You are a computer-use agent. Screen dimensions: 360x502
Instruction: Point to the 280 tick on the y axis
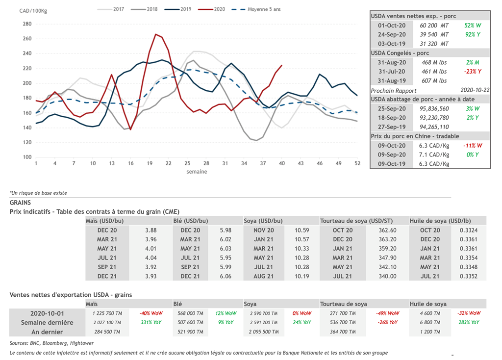pos(27,24)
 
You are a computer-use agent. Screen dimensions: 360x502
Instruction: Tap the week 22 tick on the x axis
pos(168,163)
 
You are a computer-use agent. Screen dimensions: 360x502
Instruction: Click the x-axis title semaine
pos(196,172)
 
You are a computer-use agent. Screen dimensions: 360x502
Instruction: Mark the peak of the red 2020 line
pos(156,34)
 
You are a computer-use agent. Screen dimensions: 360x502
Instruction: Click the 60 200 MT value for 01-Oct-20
pos(434,25)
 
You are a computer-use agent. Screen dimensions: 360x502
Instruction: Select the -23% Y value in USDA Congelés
pos(472,72)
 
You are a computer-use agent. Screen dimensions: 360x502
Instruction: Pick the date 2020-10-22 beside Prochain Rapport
pos(475,90)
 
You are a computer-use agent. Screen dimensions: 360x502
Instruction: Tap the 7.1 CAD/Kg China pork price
pos(434,155)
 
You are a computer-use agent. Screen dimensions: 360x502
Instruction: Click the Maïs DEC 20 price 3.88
pos(151,230)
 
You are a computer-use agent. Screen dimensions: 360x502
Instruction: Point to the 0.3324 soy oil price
pos(469,230)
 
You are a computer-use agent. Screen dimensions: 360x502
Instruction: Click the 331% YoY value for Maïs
pos(151,323)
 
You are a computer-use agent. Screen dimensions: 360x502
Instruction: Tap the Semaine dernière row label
pos(47,323)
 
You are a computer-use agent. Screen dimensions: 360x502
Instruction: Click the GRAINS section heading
pos(21,202)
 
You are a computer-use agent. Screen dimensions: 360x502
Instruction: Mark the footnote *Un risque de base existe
pos(38,193)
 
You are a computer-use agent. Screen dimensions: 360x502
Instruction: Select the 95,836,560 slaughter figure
pos(434,108)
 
